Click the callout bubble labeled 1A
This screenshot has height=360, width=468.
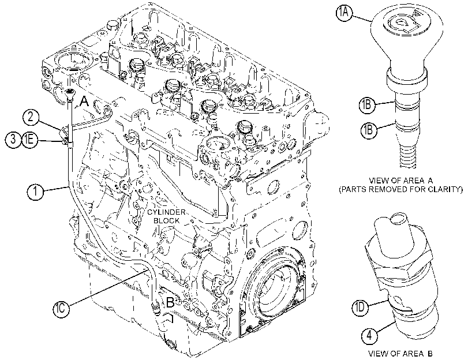345,14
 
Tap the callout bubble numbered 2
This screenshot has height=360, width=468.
31,117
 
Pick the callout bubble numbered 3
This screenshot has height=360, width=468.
13,140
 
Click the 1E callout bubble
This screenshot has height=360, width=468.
29,140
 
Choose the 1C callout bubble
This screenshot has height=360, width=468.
61,308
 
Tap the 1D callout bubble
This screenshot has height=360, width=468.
360,307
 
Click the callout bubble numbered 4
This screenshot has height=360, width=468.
369,336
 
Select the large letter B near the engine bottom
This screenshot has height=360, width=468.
170,302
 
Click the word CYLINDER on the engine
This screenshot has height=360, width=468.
166,212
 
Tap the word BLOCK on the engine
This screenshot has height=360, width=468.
167,221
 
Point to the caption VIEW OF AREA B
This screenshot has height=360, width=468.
400,354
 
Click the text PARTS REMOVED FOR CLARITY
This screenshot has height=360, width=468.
400,189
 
